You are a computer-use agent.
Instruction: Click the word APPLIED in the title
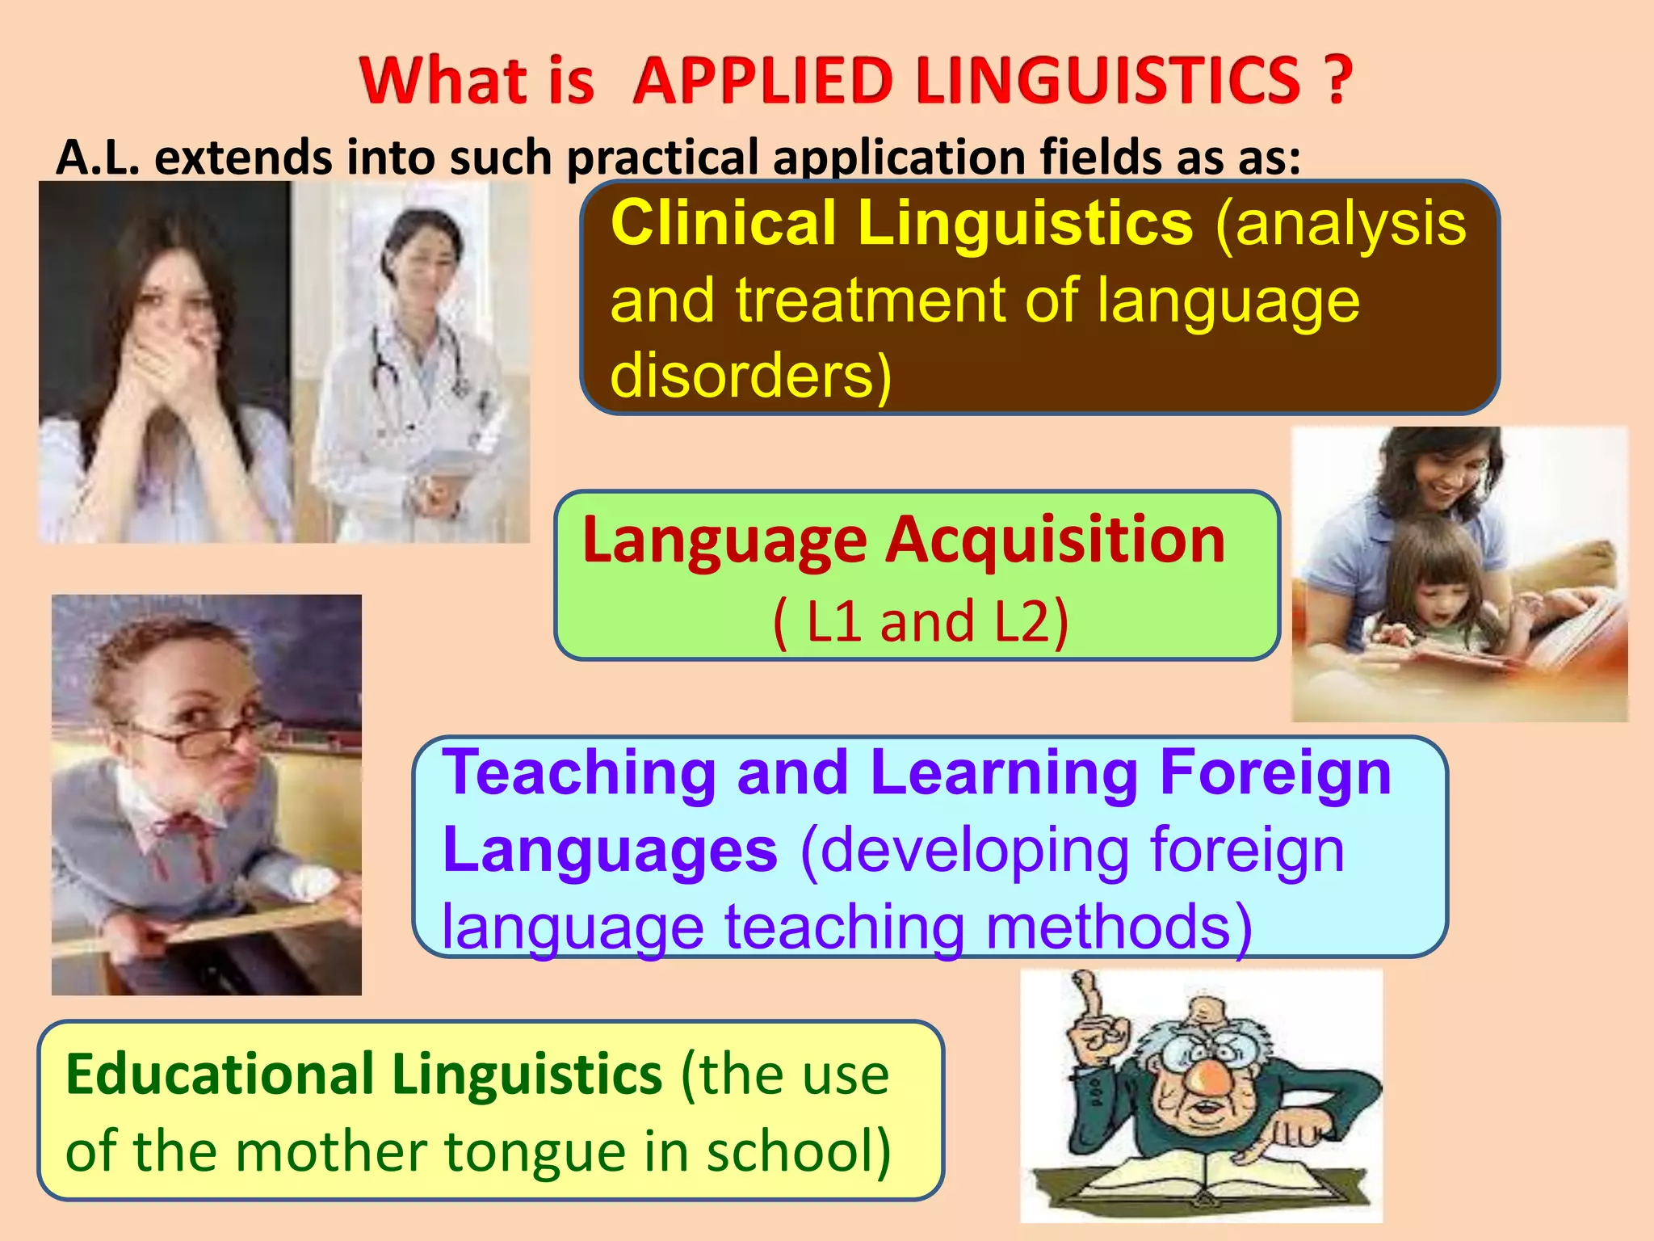tap(763, 81)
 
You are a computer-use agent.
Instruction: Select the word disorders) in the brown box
tap(750, 376)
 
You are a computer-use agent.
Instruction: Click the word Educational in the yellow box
tap(218, 1075)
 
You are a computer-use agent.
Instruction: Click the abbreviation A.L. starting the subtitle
tap(98, 157)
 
